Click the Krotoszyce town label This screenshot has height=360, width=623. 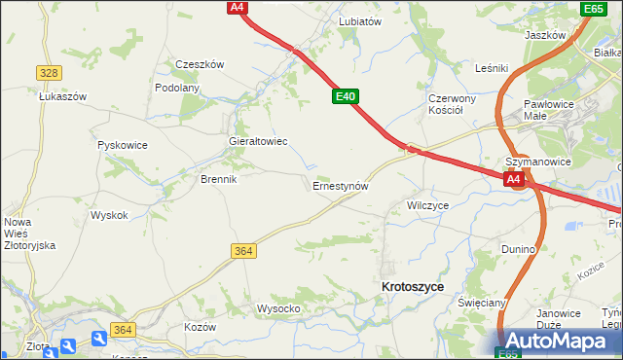(x=413, y=287)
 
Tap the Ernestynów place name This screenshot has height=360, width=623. (x=340, y=185)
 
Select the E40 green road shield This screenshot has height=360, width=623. (x=346, y=97)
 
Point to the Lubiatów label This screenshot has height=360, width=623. (x=359, y=20)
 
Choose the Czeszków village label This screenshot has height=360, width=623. (x=200, y=65)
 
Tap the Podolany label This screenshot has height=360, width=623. (x=177, y=88)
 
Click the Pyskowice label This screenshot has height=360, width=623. (x=123, y=145)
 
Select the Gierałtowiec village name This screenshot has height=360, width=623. (x=257, y=141)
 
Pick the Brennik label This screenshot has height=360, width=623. (x=219, y=180)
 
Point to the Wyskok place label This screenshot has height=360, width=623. (x=109, y=215)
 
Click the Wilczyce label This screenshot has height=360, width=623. (x=427, y=206)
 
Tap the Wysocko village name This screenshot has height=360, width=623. (x=277, y=308)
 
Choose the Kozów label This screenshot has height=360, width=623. (x=200, y=327)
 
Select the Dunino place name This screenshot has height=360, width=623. (x=519, y=249)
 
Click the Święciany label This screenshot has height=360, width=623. (x=482, y=303)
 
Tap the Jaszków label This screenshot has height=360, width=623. (x=545, y=35)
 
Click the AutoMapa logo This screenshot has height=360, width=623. (x=559, y=342)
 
